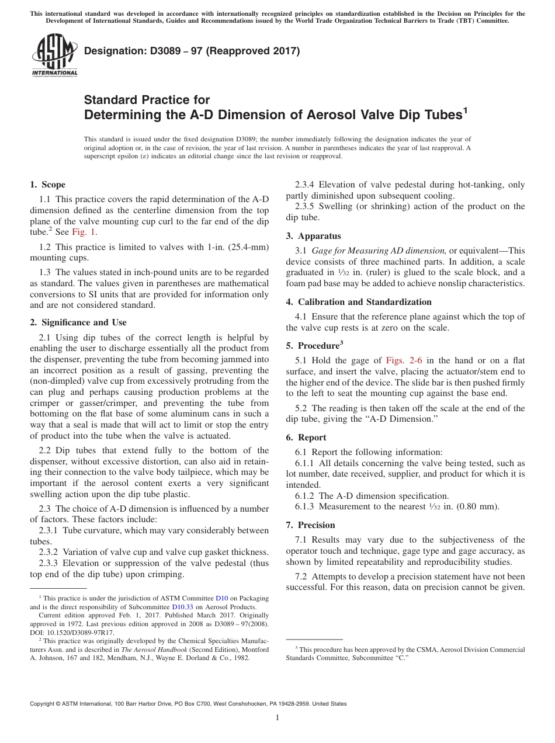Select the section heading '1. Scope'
pos(47,185)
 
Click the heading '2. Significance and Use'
pos(78,322)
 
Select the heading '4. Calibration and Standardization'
pos(358,302)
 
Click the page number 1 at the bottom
pos(277,718)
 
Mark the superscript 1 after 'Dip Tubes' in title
pos(465,110)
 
